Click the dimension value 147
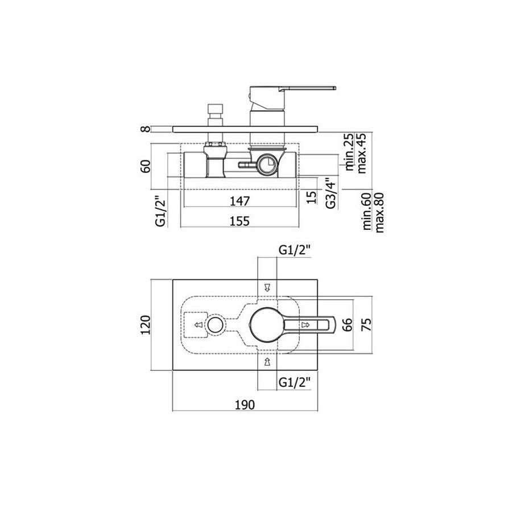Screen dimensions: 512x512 [x=240, y=201]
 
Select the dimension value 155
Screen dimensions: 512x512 [x=240, y=221]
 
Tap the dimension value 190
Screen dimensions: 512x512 [x=245, y=405]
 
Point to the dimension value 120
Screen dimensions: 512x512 [x=145, y=325]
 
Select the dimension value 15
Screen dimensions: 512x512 [x=312, y=197]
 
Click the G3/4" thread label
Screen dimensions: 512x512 [x=331, y=193]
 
